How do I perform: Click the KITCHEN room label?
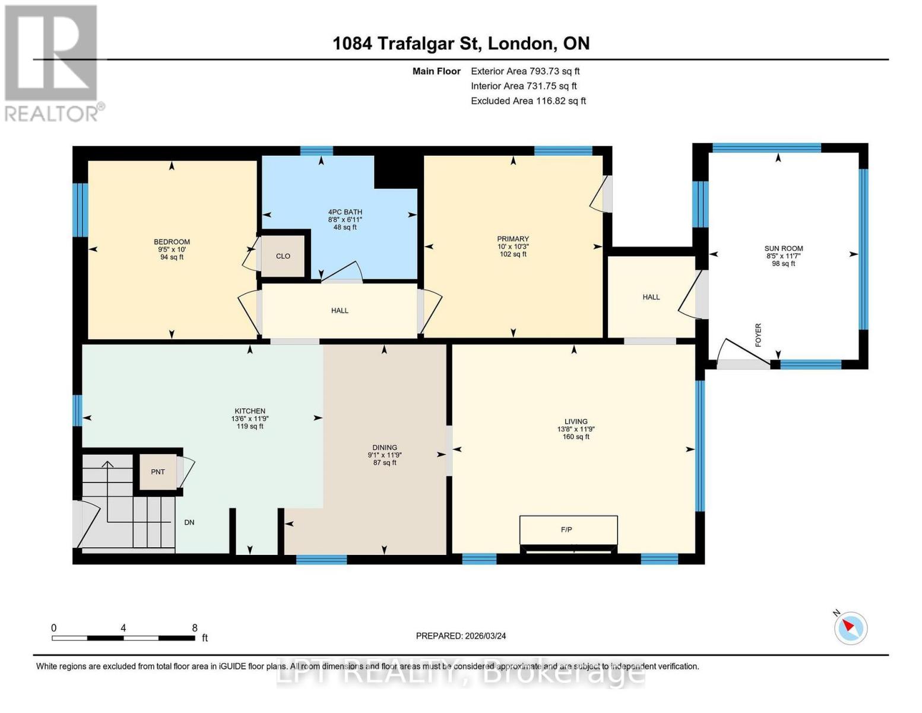[249, 411]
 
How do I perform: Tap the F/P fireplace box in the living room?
[568, 529]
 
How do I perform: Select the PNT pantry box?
[158, 472]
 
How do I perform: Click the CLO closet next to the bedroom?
[283, 256]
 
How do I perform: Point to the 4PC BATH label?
[345, 212]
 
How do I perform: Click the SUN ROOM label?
[783, 248]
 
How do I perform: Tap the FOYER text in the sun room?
[758, 335]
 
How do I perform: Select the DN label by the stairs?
[189, 522]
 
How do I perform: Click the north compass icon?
[850, 627]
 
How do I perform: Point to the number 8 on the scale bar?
[195, 627]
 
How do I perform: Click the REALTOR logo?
[52, 62]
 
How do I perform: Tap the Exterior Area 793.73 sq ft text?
[525, 71]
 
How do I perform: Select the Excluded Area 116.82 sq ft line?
[528, 100]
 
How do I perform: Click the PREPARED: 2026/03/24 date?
[461, 636]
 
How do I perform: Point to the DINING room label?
[385, 447]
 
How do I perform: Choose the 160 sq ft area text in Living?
[576, 437]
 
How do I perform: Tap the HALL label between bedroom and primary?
[340, 310]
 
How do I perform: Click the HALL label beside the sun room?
[651, 296]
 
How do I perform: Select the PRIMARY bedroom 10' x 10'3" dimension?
[513, 247]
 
